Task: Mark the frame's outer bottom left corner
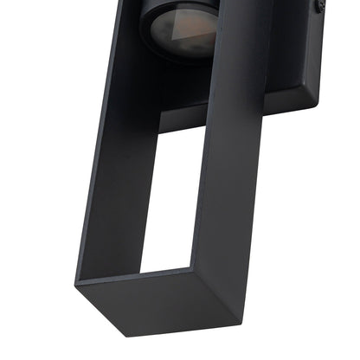(78, 282)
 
